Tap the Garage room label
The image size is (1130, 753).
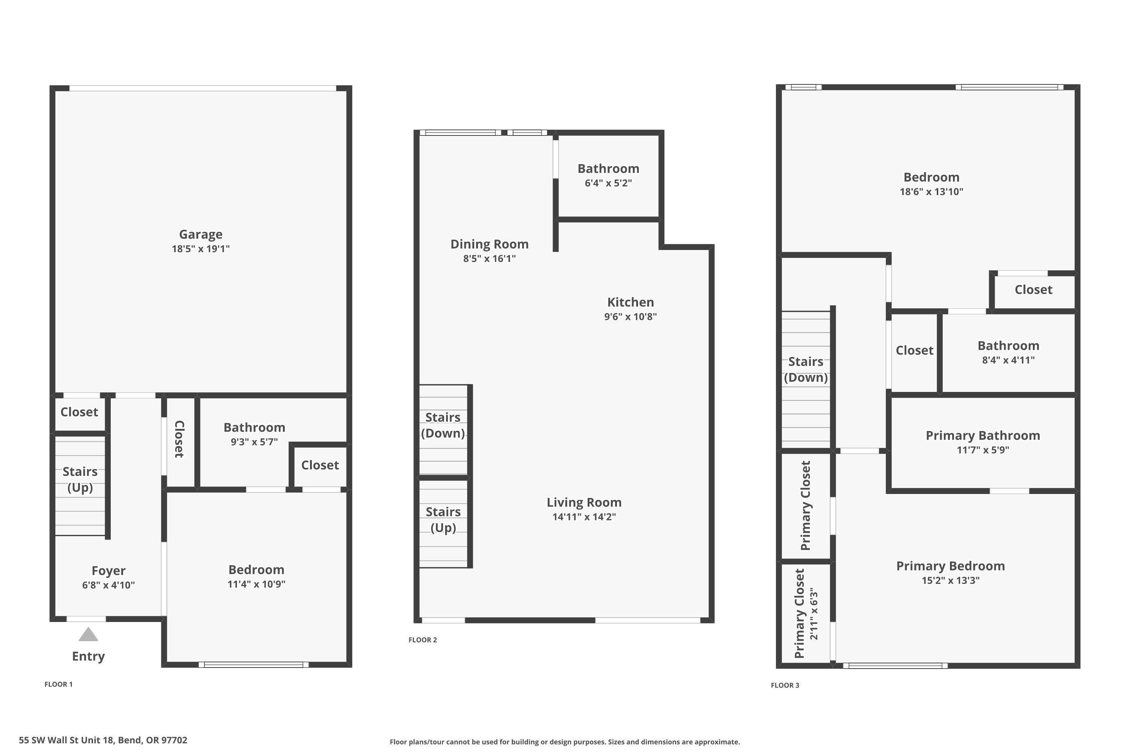point(201,234)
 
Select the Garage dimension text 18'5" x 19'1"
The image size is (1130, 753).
point(201,249)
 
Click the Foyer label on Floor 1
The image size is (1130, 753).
point(108,570)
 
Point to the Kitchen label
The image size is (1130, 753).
point(630,302)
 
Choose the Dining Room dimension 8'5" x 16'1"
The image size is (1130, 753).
point(489,258)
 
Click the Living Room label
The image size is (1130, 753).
point(584,502)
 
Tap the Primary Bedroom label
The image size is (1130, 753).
point(950,566)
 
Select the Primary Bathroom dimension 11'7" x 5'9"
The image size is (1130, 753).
point(982,450)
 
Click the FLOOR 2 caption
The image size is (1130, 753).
point(423,640)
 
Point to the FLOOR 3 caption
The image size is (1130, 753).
point(785,685)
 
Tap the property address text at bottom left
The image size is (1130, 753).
point(103,740)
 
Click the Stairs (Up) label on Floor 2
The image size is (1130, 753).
point(443,520)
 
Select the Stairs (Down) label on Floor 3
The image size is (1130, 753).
point(806,369)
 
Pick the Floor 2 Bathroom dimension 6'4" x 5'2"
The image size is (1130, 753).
point(608,183)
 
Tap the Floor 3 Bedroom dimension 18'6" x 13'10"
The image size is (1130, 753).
point(931,192)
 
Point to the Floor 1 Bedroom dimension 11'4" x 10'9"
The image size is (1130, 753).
point(256,584)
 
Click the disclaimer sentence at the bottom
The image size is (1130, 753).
point(565,742)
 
